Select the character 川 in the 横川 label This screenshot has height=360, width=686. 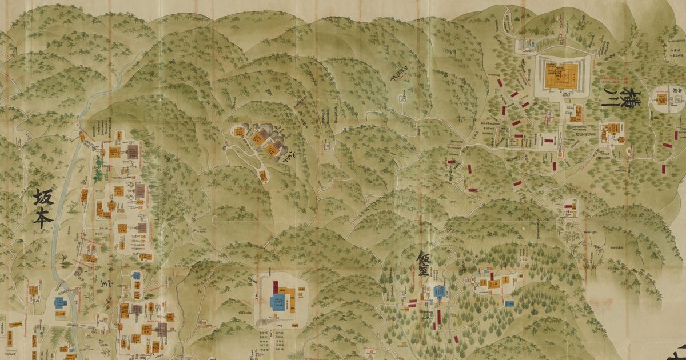pos(614,107)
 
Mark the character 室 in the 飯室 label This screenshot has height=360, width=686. pos(424,273)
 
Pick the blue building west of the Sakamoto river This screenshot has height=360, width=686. pos(59,303)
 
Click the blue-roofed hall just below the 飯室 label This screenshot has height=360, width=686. pos(439,292)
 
